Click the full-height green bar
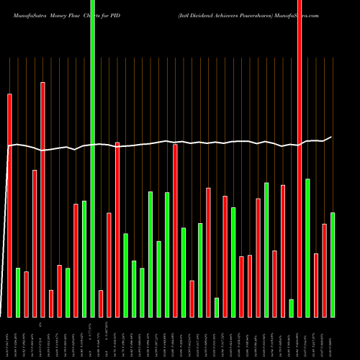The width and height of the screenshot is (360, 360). click(92, 158)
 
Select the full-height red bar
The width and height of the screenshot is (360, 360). click(300, 158)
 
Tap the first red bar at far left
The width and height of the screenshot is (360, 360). click(9, 205)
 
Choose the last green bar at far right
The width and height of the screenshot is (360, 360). click(333, 264)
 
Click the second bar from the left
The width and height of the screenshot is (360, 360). click(18, 292)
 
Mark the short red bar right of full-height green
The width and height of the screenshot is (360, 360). click(101, 303)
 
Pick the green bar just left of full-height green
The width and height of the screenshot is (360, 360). click(84, 258)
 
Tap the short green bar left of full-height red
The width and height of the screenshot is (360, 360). click(292, 307)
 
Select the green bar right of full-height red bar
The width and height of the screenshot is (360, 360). click(308, 248)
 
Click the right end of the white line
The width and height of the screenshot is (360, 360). click(331, 137)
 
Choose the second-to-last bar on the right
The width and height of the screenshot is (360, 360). click(325, 270)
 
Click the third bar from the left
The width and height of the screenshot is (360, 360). click(26, 294)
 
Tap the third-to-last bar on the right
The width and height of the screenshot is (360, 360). click(316, 285)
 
